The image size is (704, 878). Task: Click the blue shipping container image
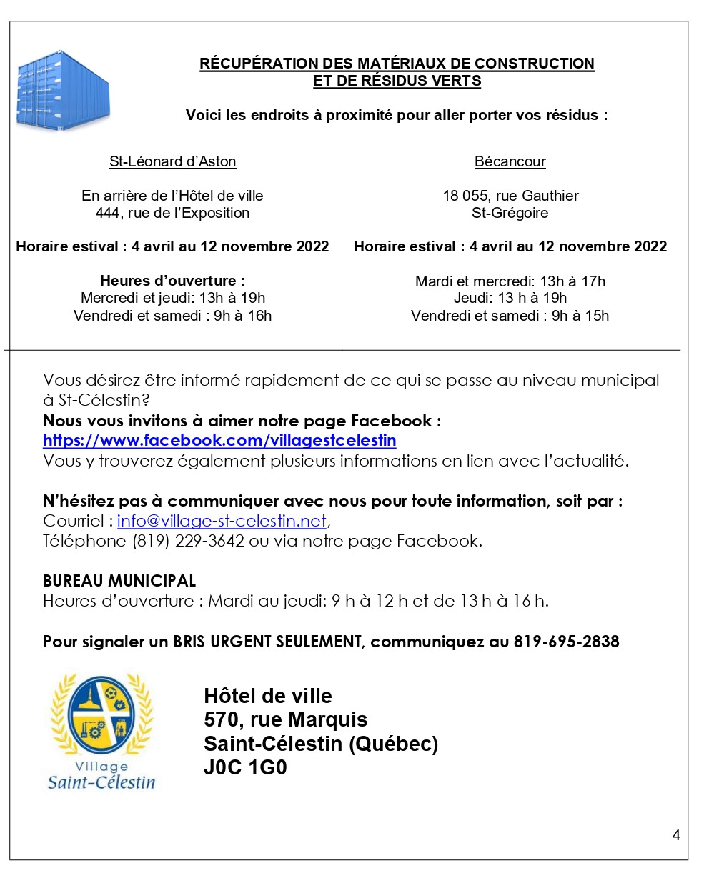coord(63,90)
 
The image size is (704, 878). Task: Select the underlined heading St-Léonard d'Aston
coord(172,161)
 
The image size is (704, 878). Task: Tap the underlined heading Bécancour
coord(510,161)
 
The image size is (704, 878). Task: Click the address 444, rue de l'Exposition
coord(172,213)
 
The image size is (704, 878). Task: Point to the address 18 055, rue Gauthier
coord(510,196)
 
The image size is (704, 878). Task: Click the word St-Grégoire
coord(510,213)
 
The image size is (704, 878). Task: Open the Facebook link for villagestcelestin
coord(219,440)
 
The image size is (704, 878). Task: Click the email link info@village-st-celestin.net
coord(222,521)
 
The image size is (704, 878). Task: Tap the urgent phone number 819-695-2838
coord(566,642)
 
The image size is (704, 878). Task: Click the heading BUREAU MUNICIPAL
coord(119,581)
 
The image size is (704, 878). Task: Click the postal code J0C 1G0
coord(245,769)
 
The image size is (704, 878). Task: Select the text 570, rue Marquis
coord(285,719)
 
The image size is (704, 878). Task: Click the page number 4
coord(676,835)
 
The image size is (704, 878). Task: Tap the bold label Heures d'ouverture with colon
coord(172,281)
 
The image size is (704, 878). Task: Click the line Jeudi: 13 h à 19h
coord(510,298)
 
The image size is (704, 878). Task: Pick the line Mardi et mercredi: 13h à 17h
coord(510,281)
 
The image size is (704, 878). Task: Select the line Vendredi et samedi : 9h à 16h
coord(172,316)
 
